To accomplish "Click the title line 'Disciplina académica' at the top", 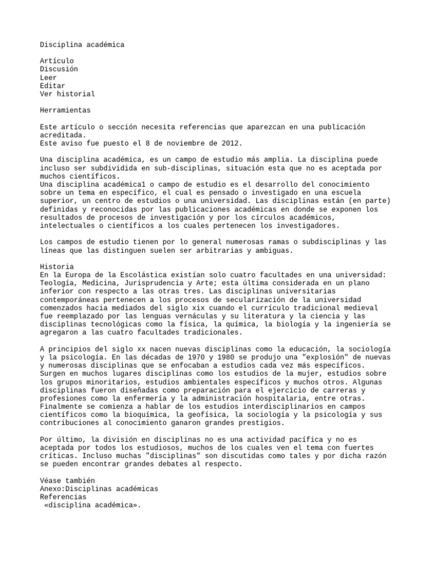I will point(82,44).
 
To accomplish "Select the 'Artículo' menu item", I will point(57,61).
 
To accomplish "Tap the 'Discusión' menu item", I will point(59,69).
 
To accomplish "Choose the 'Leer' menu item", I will point(48,77).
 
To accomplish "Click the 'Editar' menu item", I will point(53,86).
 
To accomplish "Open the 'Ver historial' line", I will point(67,94).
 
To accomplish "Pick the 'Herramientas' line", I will point(65,110).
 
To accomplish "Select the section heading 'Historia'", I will point(57,266).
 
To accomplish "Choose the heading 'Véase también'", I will point(67,481).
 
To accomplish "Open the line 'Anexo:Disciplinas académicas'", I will point(99,489).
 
